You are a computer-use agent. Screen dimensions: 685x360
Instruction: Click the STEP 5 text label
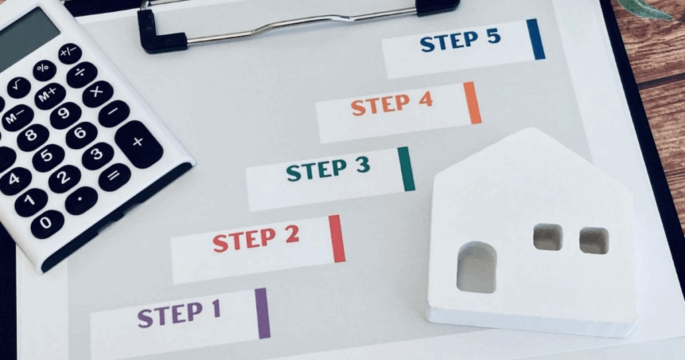(460, 41)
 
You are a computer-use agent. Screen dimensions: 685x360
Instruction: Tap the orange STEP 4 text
(392, 104)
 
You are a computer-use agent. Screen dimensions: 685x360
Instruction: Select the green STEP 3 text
(328, 169)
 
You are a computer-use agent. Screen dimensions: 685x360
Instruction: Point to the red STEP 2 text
(256, 239)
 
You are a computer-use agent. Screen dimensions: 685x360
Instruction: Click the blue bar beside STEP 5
(536, 39)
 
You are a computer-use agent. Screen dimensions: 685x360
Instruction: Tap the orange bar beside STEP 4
(473, 103)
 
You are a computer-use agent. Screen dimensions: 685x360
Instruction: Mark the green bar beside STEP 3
(406, 169)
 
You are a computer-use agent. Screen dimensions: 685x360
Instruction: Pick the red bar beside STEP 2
(337, 238)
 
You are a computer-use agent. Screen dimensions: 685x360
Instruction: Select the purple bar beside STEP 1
(262, 313)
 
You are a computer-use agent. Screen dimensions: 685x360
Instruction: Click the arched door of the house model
(476, 268)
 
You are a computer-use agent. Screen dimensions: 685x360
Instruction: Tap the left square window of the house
(548, 238)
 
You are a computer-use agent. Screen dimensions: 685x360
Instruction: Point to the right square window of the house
(594, 240)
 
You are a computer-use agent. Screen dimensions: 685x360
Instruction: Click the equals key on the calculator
(114, 177)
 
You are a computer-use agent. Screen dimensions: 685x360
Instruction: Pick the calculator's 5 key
(48, 158)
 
